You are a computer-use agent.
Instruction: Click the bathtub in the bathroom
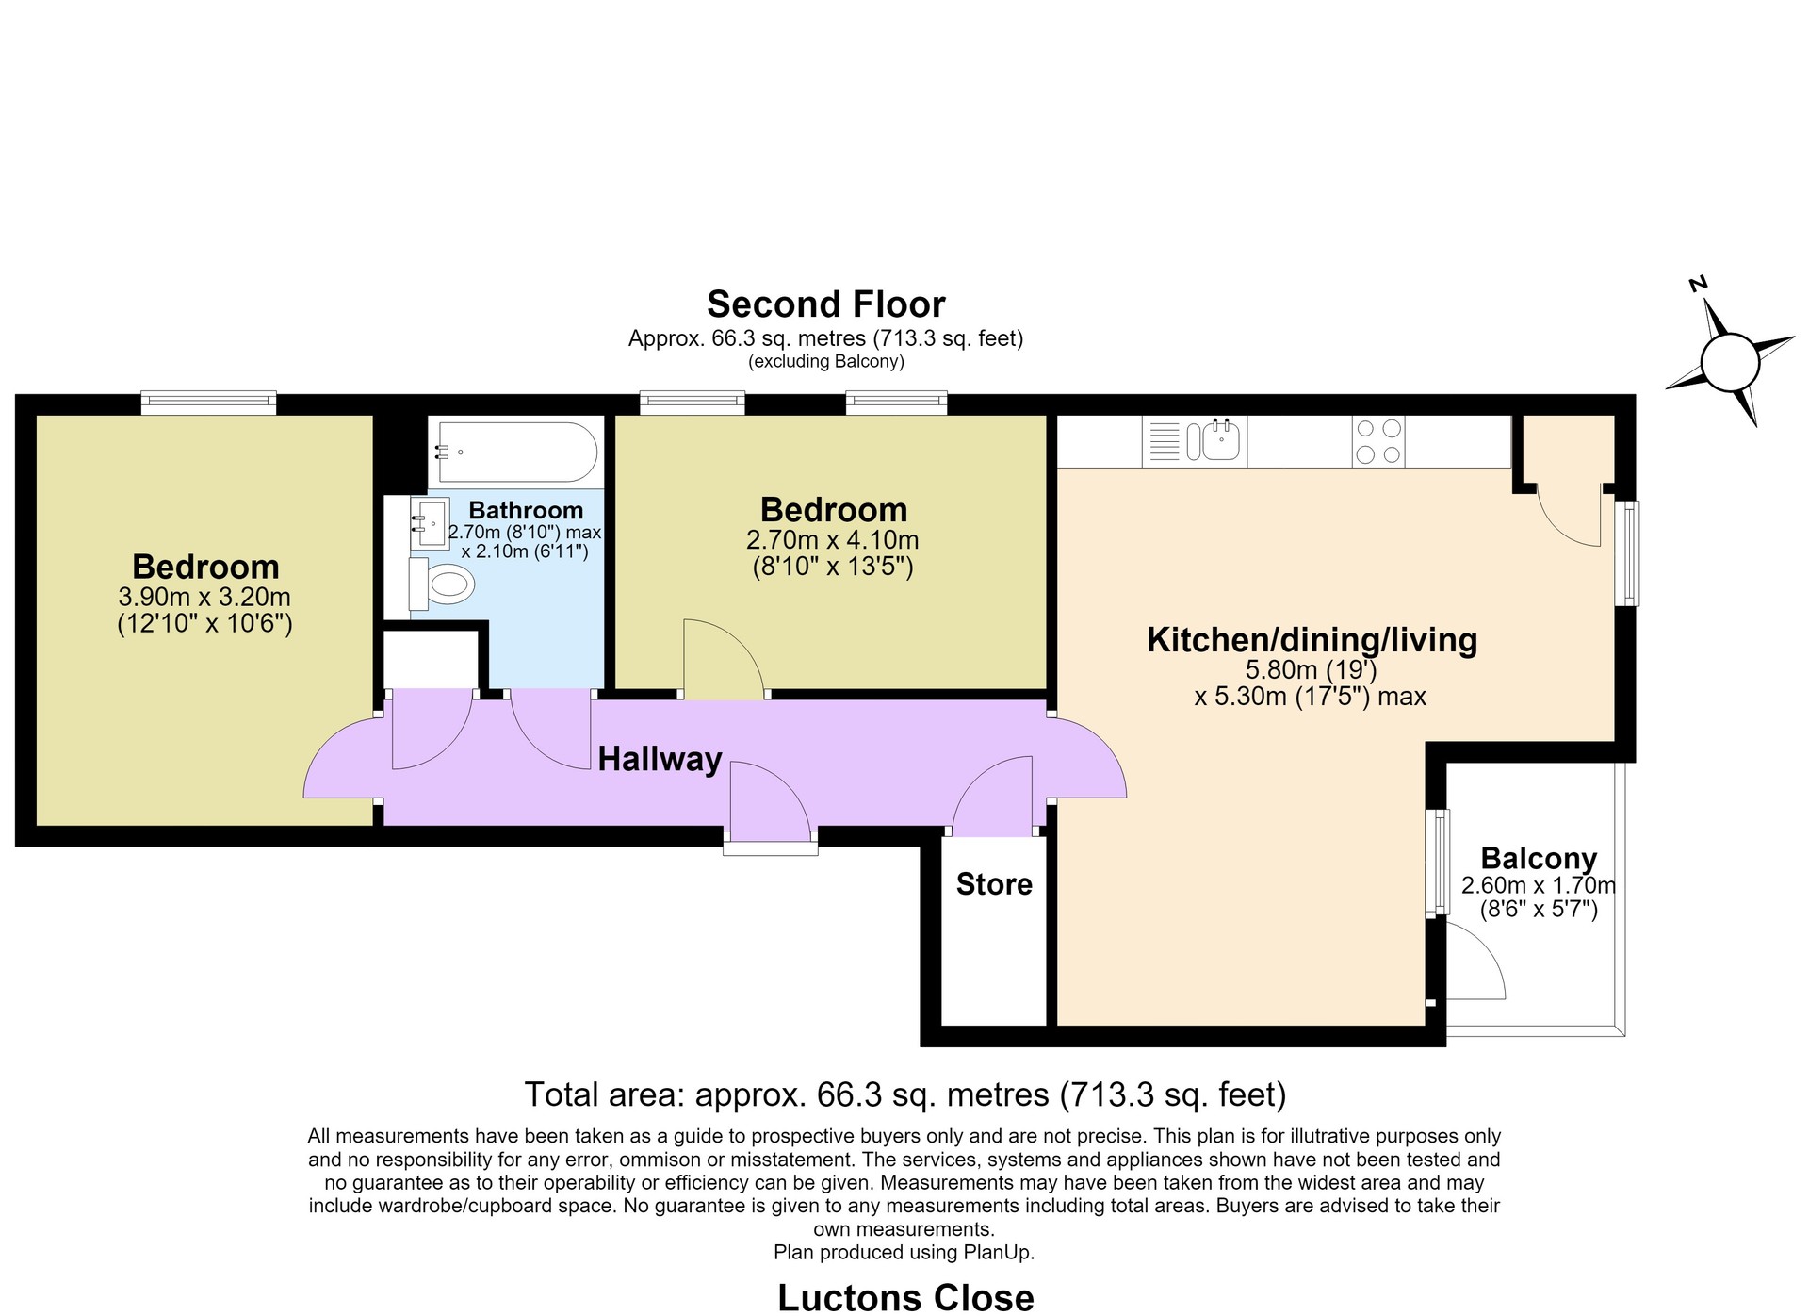coord(513,452)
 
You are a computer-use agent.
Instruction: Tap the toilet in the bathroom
coord(441,584)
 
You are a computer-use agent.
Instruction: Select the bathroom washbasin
coord(430,523)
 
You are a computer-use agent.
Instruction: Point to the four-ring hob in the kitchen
coord(1378,441)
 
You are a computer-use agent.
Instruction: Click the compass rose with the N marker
coord(1730,359)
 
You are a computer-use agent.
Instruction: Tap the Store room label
coord(994,884)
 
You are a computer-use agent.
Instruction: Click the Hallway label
coord(660,759)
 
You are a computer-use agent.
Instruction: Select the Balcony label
coord(1539,858)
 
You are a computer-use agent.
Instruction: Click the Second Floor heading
coord(826,304)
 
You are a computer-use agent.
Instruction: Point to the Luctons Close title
coord(905,1298)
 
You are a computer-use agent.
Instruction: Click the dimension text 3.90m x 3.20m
coord(204,597)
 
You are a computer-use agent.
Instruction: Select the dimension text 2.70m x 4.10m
coord(832,540)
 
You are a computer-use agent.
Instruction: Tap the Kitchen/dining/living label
coord(1312,640)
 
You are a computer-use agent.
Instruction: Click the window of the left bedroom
coord(208,403)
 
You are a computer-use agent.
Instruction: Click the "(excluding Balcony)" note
coord(826,362)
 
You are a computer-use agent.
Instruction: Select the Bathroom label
coord(526,510)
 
